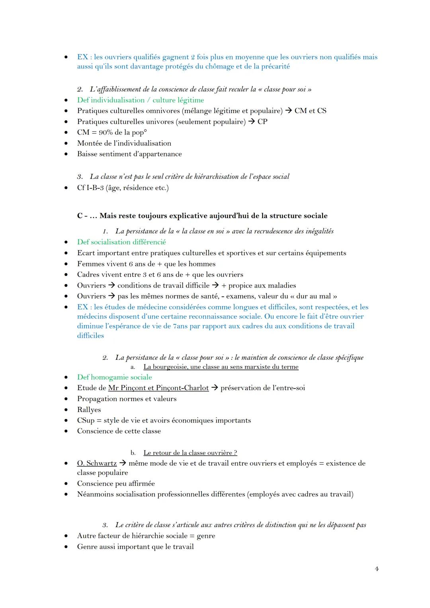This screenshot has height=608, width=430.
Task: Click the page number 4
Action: pos(377,569)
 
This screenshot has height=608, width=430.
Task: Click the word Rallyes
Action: pos(89,410)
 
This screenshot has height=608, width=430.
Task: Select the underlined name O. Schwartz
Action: pos(97,463)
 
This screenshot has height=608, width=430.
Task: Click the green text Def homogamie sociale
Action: pos(115,377)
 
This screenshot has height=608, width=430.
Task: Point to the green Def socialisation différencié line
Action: pos(121,242)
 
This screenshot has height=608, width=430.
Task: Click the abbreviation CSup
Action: pos(86,420)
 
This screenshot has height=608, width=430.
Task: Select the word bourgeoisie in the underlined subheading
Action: pos(170,367)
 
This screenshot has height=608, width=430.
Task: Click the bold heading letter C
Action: pos(80,216)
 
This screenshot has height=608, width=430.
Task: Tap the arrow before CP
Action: pos(251,121)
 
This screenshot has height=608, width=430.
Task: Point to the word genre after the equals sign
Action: pos(206,536)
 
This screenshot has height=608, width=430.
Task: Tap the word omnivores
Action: pos(163,111)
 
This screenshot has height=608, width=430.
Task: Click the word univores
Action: pos(160,121)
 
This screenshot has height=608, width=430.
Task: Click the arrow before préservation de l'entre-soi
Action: pos(215,388)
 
